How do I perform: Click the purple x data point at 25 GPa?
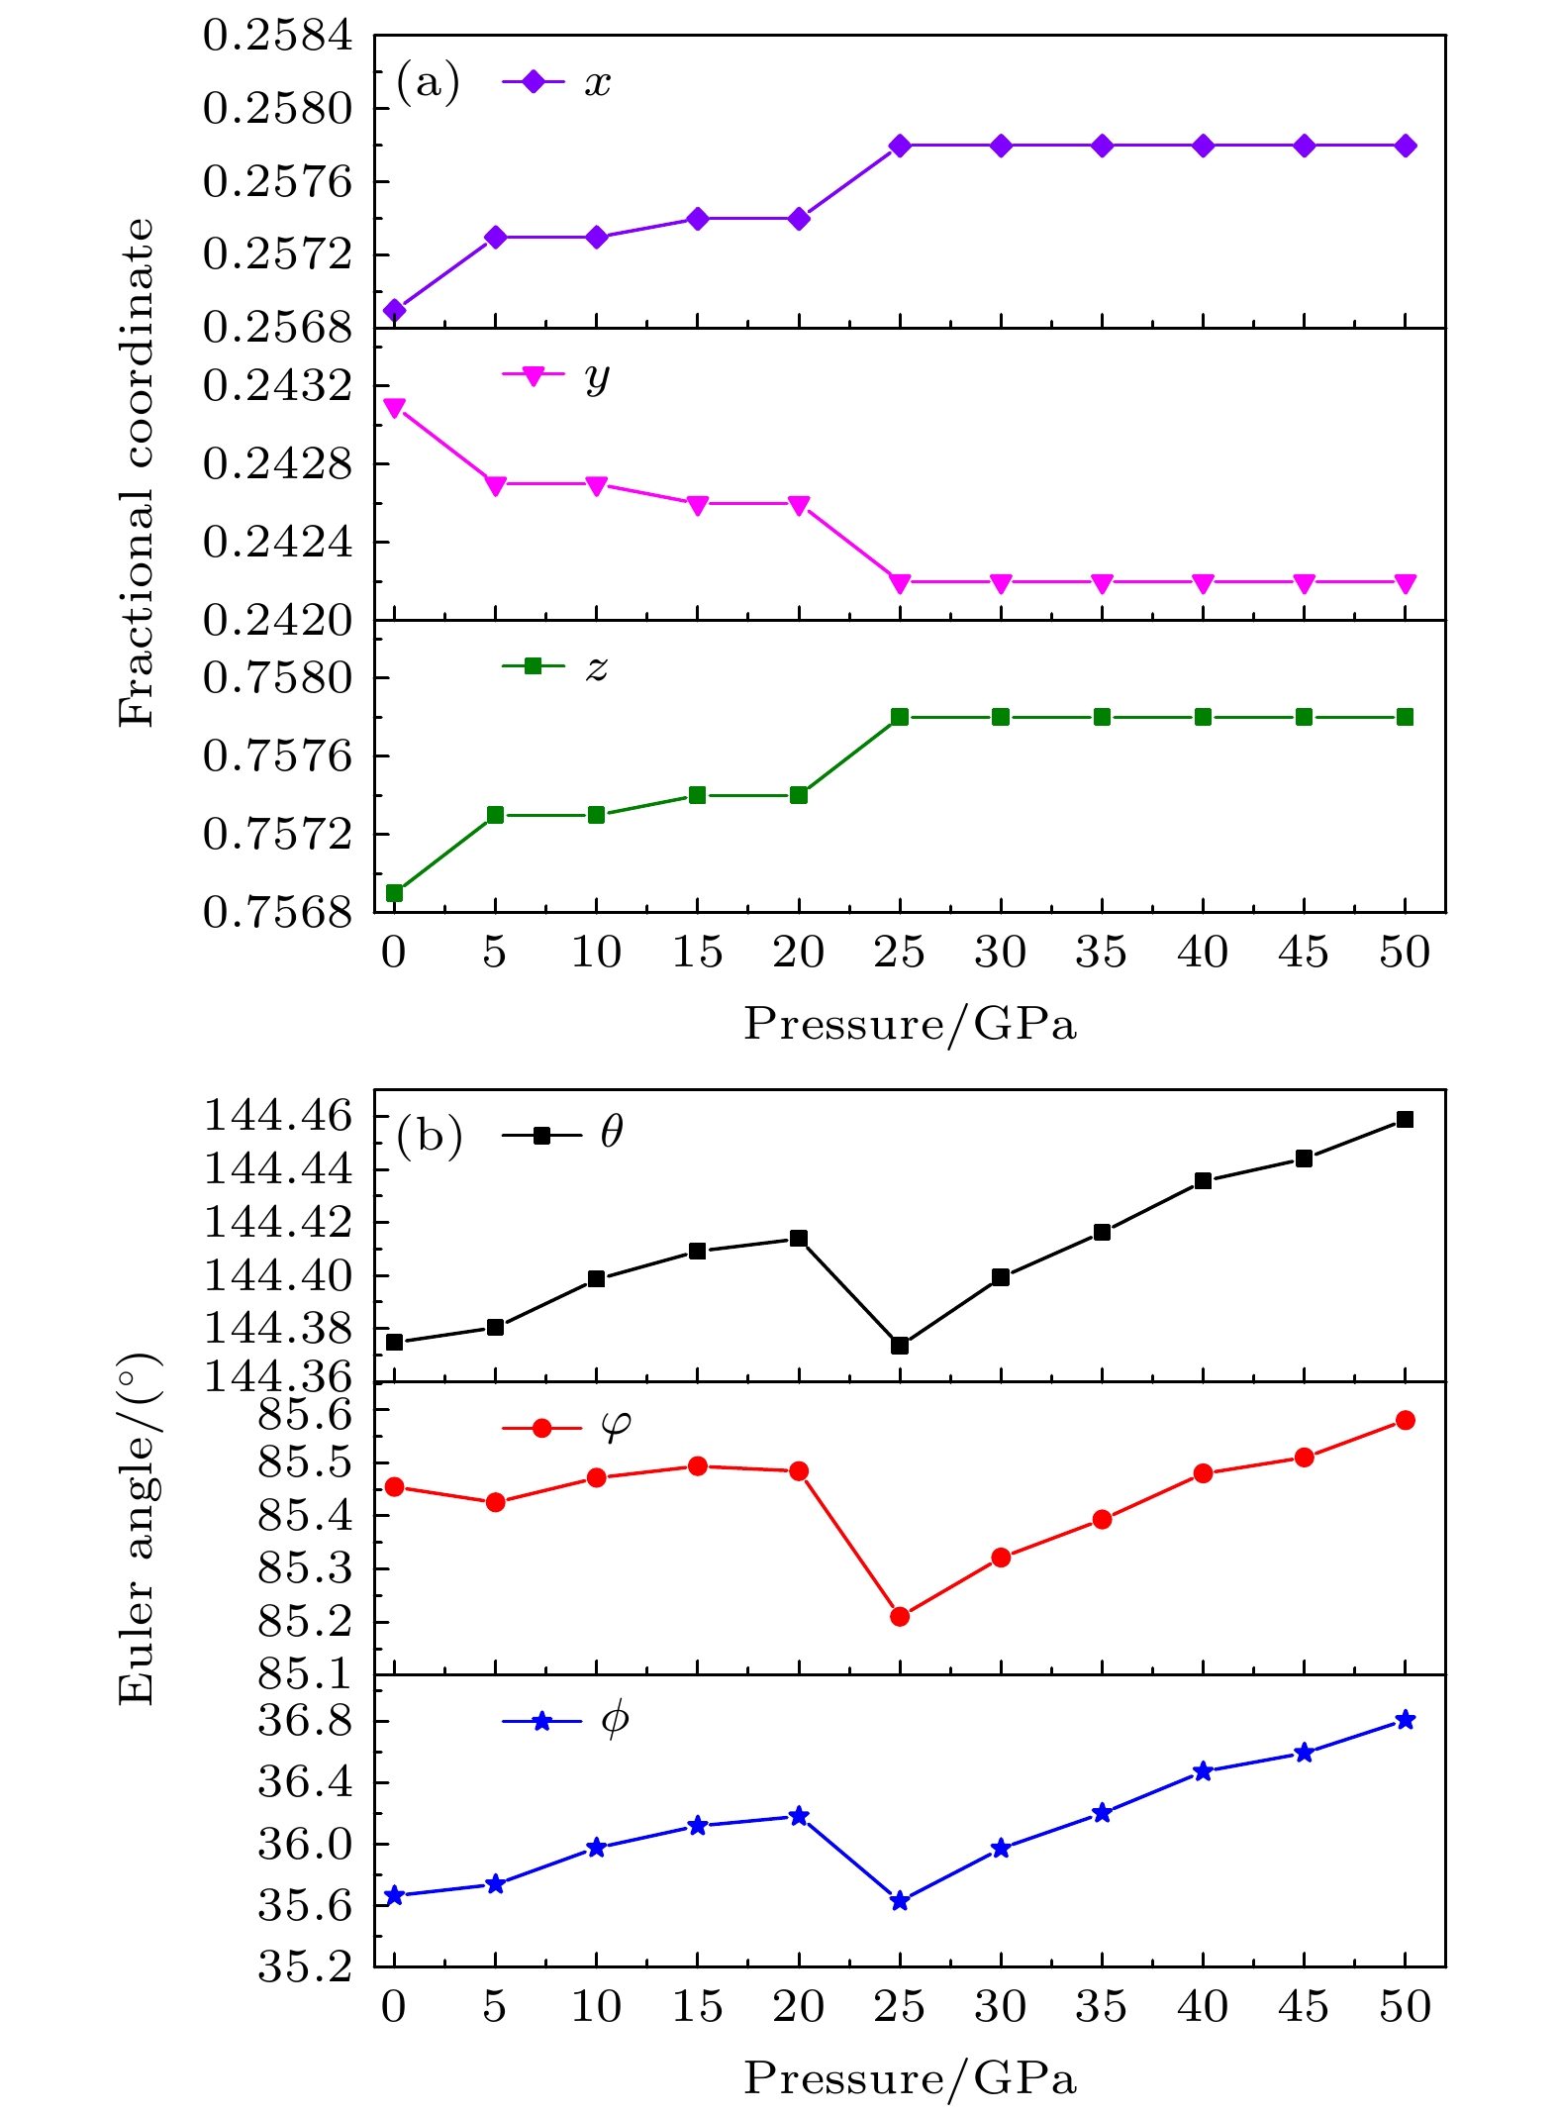[899, 146]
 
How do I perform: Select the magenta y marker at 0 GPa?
[394, 408]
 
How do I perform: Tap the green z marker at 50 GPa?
[1405, 717]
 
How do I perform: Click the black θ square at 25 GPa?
[899, 1346]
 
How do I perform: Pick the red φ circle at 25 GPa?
[899, 1617]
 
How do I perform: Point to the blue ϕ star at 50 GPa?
[1405, 1720]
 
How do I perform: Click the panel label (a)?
[428, 81]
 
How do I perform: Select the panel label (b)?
[429, 1136]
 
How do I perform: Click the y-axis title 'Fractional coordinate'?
[137, 473]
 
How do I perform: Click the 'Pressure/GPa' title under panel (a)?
[910, 1024]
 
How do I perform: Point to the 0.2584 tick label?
[277, 36]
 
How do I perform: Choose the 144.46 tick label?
[277, 1116]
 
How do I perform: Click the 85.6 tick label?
[305, 1415]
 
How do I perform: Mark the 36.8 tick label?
[305, 1721]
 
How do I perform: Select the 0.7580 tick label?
[277, 678]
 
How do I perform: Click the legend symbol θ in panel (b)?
[612, 1132]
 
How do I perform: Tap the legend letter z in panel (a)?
[597, 668]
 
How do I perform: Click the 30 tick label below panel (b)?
[1000, 2006]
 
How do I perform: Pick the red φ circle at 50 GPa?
[1405, 1421]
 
